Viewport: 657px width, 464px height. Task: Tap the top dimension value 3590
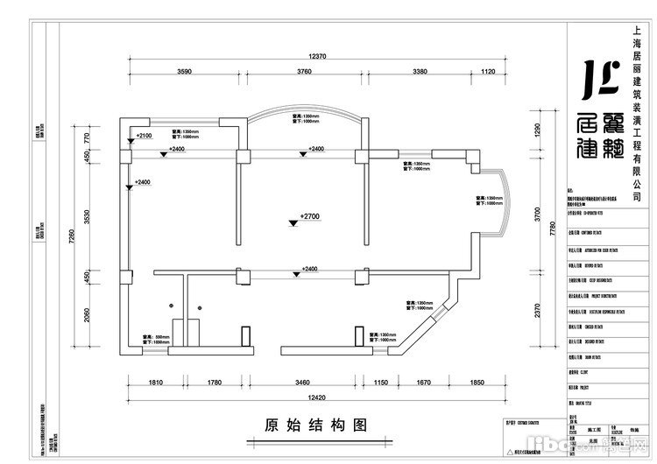point(185,72)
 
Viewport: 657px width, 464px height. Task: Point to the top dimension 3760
point(304,72)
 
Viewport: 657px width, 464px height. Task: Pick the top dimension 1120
point(489,72)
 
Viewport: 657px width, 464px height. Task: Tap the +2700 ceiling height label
point(307,215)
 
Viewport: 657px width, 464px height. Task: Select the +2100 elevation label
point(145,137)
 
